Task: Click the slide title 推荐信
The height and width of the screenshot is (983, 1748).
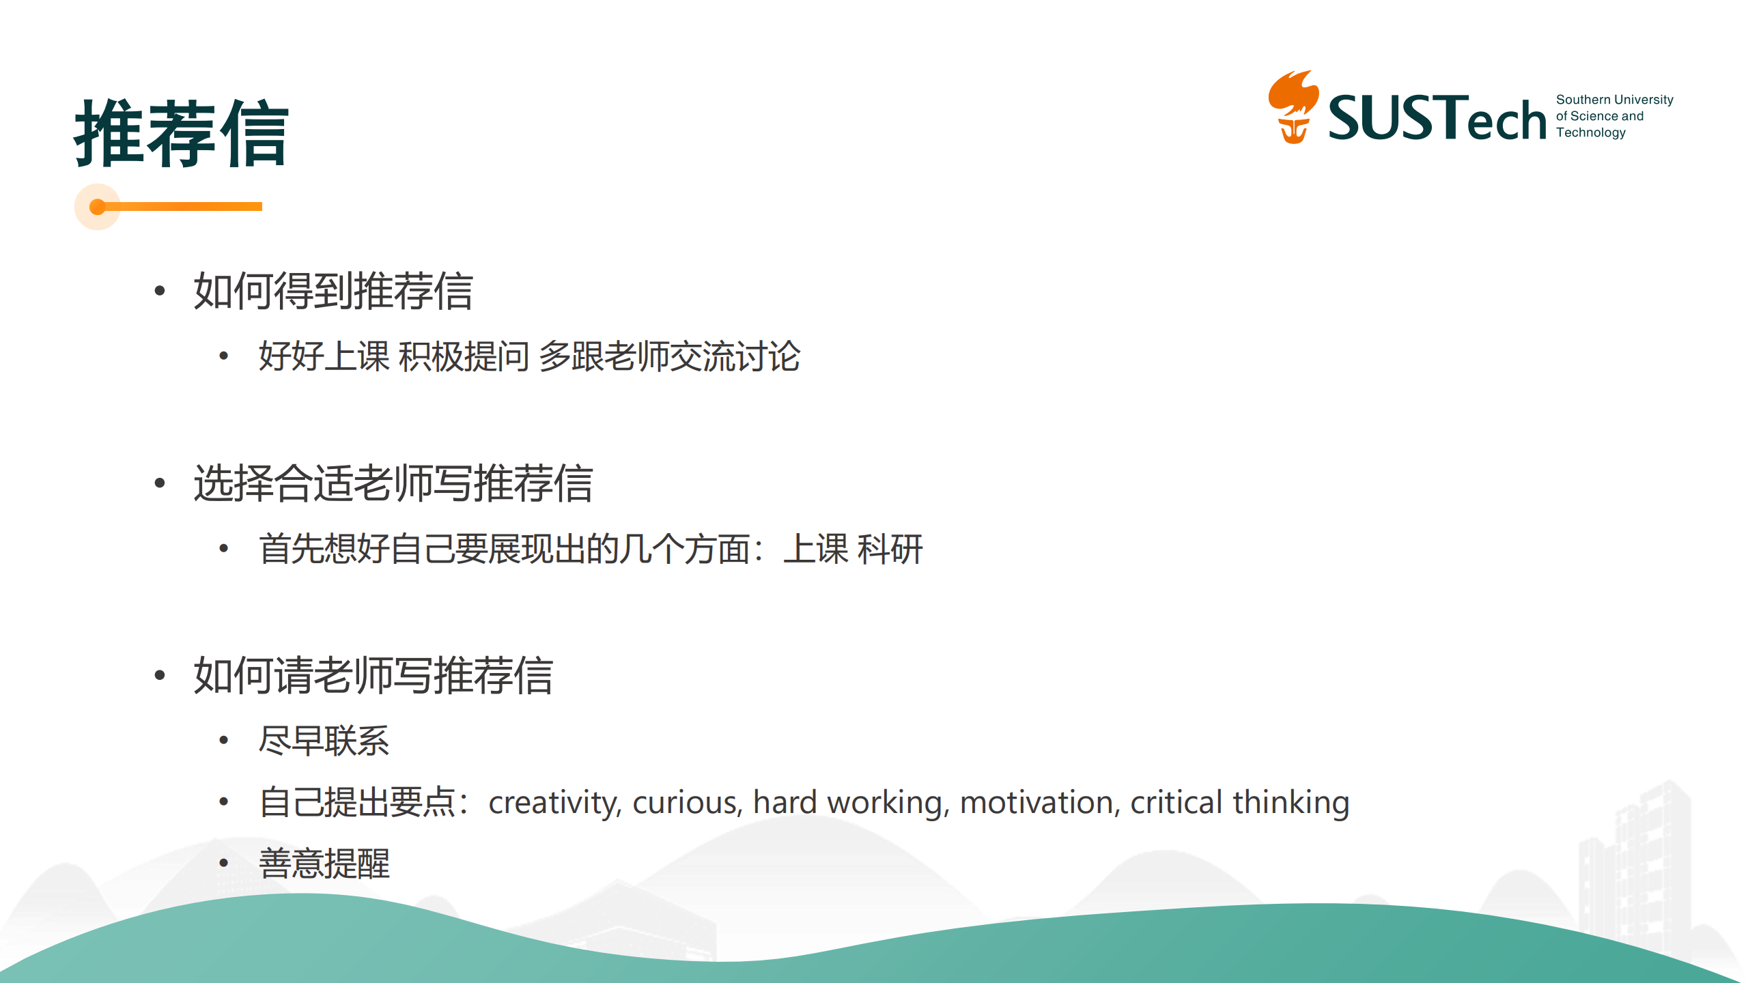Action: coord(182,132)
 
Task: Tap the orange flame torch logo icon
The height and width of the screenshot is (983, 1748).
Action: coord(1293,106)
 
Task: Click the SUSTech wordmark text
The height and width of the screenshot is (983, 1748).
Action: coord(1437,117)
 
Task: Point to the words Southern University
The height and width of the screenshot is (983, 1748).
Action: coord(1614,100)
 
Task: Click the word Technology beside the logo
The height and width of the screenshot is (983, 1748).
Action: coord(1590,133)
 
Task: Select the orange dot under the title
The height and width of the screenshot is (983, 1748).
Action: coord(98,207)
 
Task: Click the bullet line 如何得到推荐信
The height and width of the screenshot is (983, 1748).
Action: coord(333,291)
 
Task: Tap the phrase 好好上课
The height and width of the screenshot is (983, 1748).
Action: coord(324,356)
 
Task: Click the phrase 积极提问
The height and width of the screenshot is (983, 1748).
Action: coord(464,356)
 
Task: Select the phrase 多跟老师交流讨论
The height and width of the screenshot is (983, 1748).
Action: coord(669,356)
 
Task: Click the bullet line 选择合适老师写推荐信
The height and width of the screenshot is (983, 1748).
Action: coord(393,483)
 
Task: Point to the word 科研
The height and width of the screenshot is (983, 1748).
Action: coord(890,549)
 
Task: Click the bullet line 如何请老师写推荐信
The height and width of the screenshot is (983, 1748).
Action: coord(373,676)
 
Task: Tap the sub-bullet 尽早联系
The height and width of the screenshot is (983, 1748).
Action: coord(324,741)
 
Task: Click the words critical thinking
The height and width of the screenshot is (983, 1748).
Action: coord(1240,803)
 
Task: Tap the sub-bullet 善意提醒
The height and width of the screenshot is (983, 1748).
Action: coord(324,864)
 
